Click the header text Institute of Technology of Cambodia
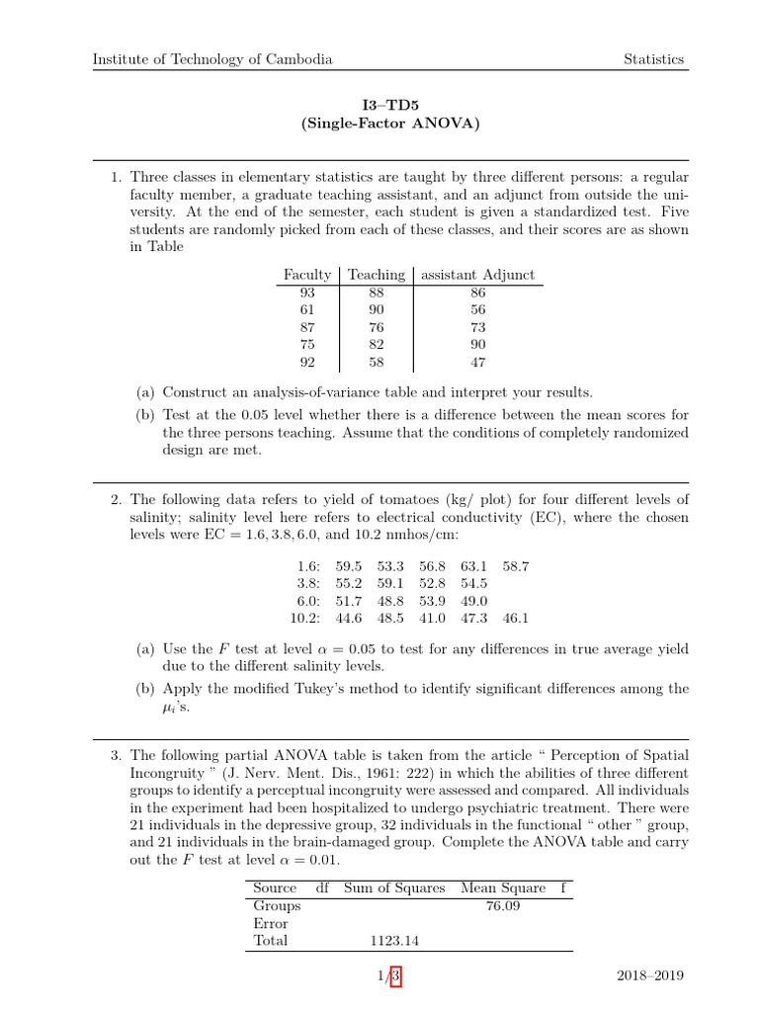coord(212,59)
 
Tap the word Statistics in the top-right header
coord(653,59)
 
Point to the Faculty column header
coord(306,275)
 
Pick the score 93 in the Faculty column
coord(306,293)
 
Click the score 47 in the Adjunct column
coord(478,363)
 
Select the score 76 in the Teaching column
coord(376,328)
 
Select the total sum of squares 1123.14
coord(394,941)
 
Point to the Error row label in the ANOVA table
coord(271,923)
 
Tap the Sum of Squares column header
coord(394,887)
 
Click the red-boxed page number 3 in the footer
coord(395,976)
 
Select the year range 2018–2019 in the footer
coord(648,976)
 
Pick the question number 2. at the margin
coord(116,499)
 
